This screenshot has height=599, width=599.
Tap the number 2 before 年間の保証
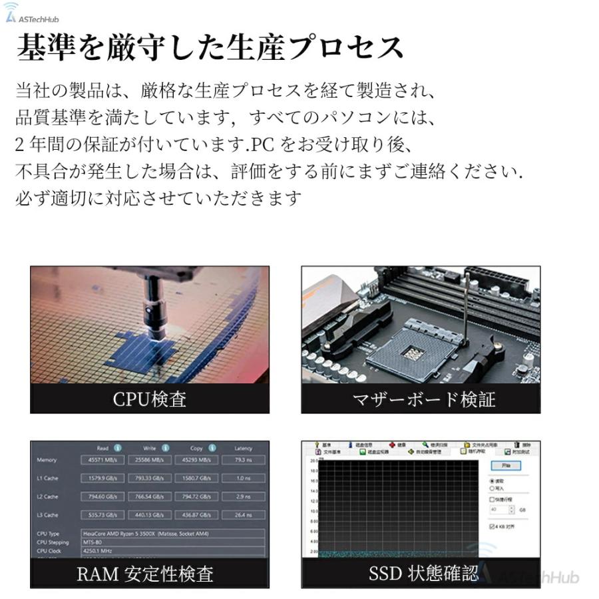pos(20,144)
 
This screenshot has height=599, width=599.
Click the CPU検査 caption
pos(149,399)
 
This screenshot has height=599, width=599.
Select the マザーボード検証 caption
pos(424,399)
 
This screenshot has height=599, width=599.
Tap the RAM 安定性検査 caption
pos(145,574)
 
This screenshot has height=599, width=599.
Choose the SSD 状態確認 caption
pos(423,574)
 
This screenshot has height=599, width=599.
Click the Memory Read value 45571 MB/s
pos(102,460)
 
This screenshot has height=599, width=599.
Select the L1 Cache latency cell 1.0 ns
pos(243,478)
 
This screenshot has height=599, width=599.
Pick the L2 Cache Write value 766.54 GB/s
pos(149,497)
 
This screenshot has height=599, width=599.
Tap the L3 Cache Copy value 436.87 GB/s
pos(196,514)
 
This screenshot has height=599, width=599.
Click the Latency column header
pos(243,448)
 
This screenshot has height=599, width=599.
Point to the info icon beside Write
pos(165,448)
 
